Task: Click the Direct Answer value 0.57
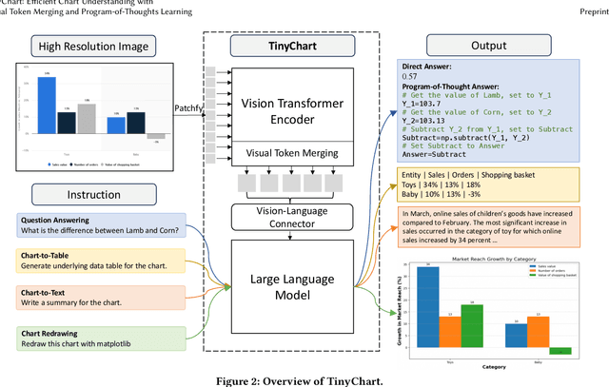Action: pos(409,75)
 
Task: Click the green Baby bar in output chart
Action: pos(561,350)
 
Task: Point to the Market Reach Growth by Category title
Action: pos(496,260)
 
